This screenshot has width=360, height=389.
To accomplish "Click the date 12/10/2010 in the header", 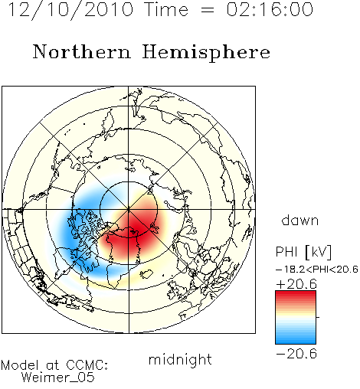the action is (x=70, y=10).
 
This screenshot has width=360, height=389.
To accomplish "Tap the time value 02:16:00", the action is (x=270, y=9).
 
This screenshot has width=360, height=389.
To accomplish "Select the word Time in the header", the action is (x=166, y=9).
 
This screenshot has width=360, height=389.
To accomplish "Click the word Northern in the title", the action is (x=82, y=51).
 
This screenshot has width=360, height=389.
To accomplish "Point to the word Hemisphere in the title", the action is (x=206, y=53).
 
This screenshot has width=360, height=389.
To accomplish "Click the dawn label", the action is (x=300, y=221).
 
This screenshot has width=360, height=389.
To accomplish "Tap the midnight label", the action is (x=180, y=359).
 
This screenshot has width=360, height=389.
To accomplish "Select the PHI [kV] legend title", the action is (x=303, y=252).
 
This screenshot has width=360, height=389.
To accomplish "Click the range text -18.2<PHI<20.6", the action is (x=317, y=269).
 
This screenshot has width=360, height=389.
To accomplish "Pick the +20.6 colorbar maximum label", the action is (x=296, y=284).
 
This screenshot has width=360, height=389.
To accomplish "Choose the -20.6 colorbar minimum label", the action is (x=296, y=354).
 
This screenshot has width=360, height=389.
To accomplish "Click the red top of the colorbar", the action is (x=296, y=296).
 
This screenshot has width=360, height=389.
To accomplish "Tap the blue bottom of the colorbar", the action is (x=296, y=338).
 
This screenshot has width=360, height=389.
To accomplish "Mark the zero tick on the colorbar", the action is (x=318, y=317).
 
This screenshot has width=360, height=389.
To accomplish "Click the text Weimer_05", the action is (x=58, y=377).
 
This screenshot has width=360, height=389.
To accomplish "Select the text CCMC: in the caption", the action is (x=87, y=365).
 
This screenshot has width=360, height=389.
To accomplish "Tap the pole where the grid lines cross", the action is (x=129, y=209).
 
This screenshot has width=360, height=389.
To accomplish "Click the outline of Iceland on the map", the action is (x=146, y=274).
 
